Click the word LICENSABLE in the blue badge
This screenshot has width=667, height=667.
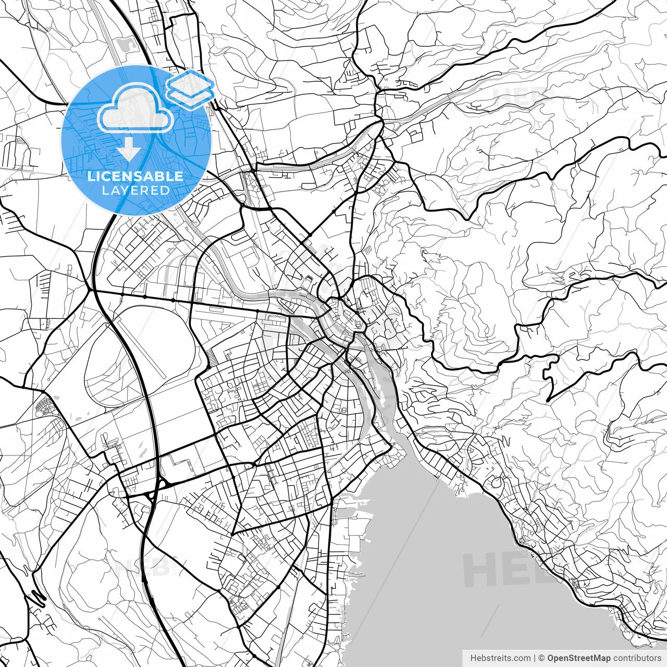135,176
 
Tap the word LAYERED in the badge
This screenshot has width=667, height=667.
135,191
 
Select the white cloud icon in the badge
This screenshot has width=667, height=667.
135,108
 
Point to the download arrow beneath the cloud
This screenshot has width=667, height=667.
128,150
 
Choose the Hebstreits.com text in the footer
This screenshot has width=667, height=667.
500,658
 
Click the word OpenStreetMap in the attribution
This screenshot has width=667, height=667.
579,658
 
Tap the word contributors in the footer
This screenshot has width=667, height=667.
637,658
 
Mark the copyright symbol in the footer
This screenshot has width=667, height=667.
541,658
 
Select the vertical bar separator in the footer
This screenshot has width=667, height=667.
535,658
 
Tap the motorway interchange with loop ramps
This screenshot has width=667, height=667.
159,485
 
